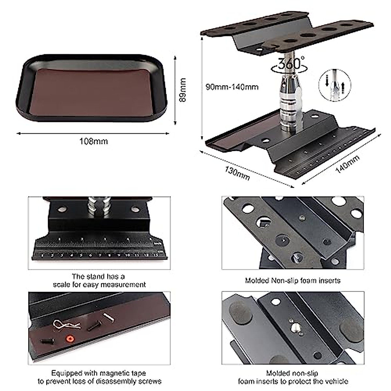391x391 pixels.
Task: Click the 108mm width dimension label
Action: (94, 141)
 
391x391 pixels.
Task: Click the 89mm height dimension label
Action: (183, 90)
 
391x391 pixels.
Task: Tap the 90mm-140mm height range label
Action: (232, 87)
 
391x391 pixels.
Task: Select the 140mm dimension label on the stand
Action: (347, 164)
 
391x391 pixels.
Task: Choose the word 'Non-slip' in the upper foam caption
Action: (289, 280)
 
